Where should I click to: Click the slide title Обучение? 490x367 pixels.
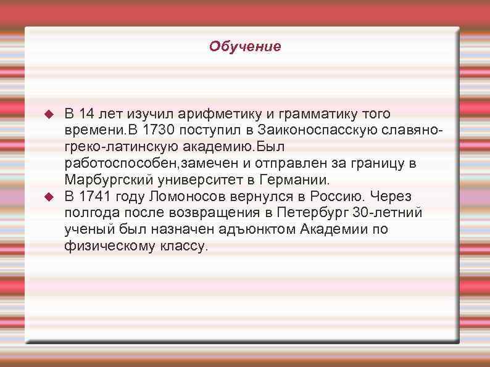pos(244,46)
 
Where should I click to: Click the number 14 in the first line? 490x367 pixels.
pos(87,114)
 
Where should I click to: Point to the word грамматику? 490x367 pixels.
pos(315,114)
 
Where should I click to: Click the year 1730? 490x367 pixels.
pos(159,131)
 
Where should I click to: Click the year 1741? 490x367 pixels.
pos(99,197)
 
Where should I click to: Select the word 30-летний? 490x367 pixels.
pos(387,213)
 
